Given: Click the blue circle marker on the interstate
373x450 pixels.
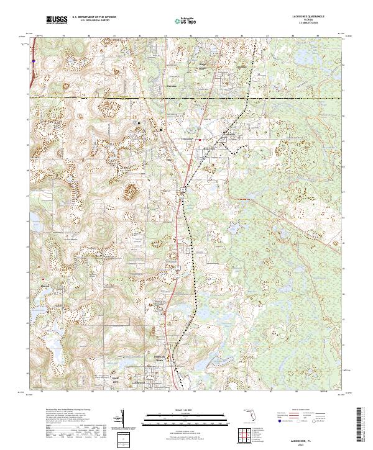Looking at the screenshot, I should click(32, 61).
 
